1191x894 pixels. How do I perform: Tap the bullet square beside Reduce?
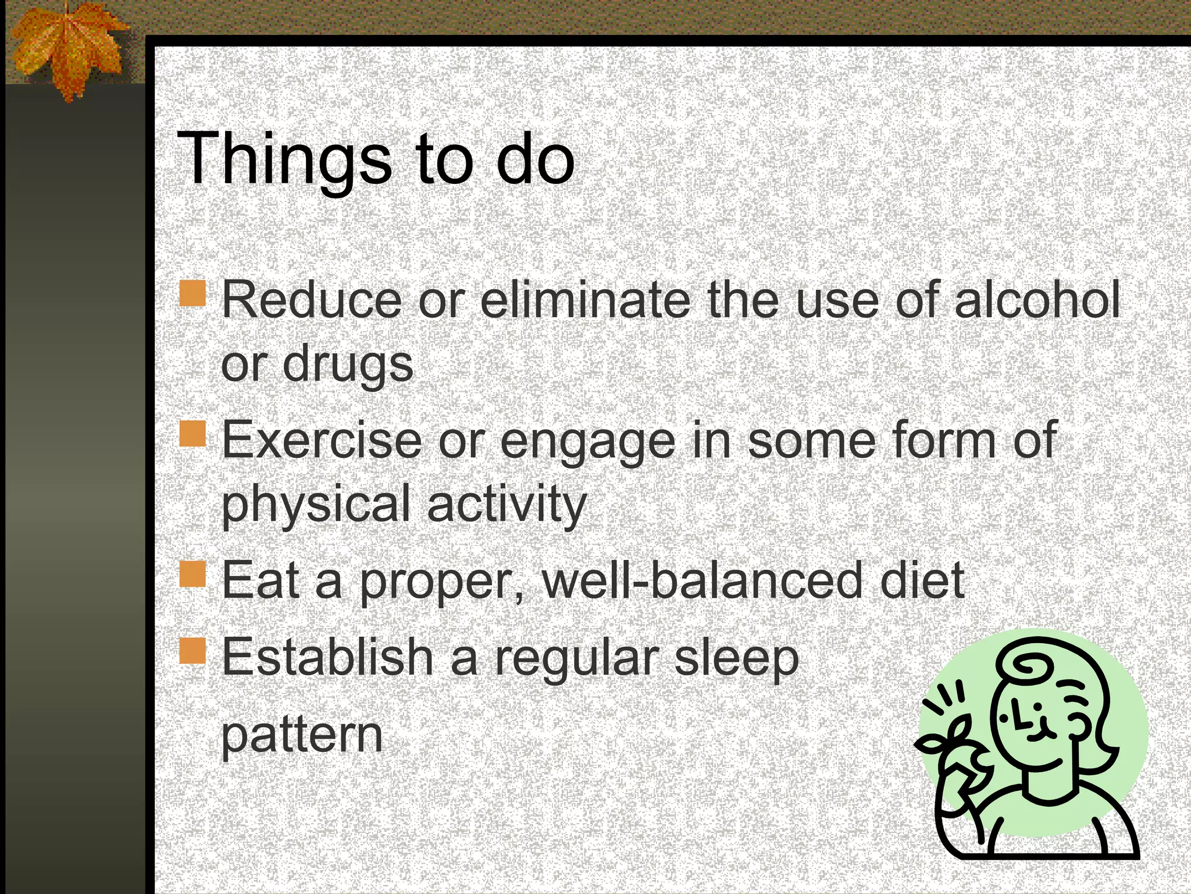(x=192, y=293)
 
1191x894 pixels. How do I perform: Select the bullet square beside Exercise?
(x=192, y=434)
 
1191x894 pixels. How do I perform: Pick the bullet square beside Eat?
(x=192, y=573)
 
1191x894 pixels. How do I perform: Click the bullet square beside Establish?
(x=192, y=650)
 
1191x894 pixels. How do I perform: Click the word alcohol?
(x=1037, y=300)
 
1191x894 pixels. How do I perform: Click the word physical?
(x=316, y=504)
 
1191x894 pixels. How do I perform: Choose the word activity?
(x=507, y=504)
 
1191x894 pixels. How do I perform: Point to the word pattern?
(x=302, y=735)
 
